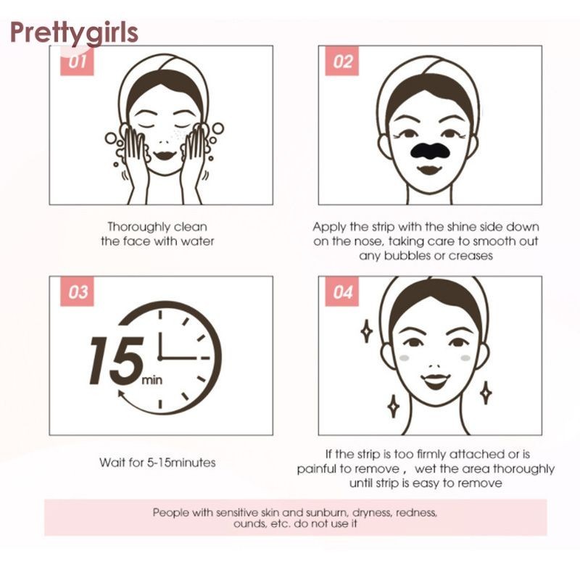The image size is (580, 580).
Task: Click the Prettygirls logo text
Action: (x=74, y=33)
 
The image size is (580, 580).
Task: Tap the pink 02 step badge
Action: (x=341, y=61)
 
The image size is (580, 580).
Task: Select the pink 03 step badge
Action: (x=78, y=291)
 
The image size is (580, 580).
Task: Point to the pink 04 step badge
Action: (x=341, y=291)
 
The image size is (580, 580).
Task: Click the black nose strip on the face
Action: (x=429, y=150)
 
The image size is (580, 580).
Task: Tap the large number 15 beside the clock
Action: (x=116, y=360)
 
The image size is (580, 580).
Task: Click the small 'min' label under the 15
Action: (x=152, y=380)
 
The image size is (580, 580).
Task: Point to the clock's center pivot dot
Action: (x=160, y=358)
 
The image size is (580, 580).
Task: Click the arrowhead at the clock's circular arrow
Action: (x=120, y=393)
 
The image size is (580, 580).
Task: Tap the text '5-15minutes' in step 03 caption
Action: (x=181, y=463)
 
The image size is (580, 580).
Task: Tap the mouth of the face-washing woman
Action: (x=165, y=155)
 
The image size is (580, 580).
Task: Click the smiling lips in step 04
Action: (x=436, y=381)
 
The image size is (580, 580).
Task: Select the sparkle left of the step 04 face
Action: (x=366, y=331)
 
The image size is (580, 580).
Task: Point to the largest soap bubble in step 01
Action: (x=218, y=128)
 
